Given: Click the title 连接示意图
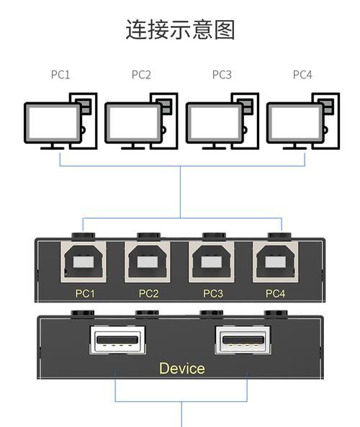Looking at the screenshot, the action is (180, 30).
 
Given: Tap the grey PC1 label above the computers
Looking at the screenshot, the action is (60, 75).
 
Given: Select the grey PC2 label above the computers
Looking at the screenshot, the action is (141, 75).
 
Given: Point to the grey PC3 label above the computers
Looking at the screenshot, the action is (222, 75).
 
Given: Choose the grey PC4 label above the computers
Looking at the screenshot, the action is (302, 75).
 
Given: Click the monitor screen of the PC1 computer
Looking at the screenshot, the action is (53, 122).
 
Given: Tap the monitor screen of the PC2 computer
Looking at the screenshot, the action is (133, 122).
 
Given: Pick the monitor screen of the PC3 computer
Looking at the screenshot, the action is (215, 122).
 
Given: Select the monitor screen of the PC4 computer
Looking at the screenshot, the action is (295, 122).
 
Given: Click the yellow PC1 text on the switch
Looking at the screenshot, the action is (85, 294).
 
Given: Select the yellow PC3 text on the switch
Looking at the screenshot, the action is (213, 294).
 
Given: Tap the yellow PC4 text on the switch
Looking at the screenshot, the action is (275, 294).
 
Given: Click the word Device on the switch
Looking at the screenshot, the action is (182, 369).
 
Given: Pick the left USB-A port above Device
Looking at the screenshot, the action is (117, 340).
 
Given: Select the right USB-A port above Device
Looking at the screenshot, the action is (243, 340).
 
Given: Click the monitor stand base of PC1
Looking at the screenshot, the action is (53, 148).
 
